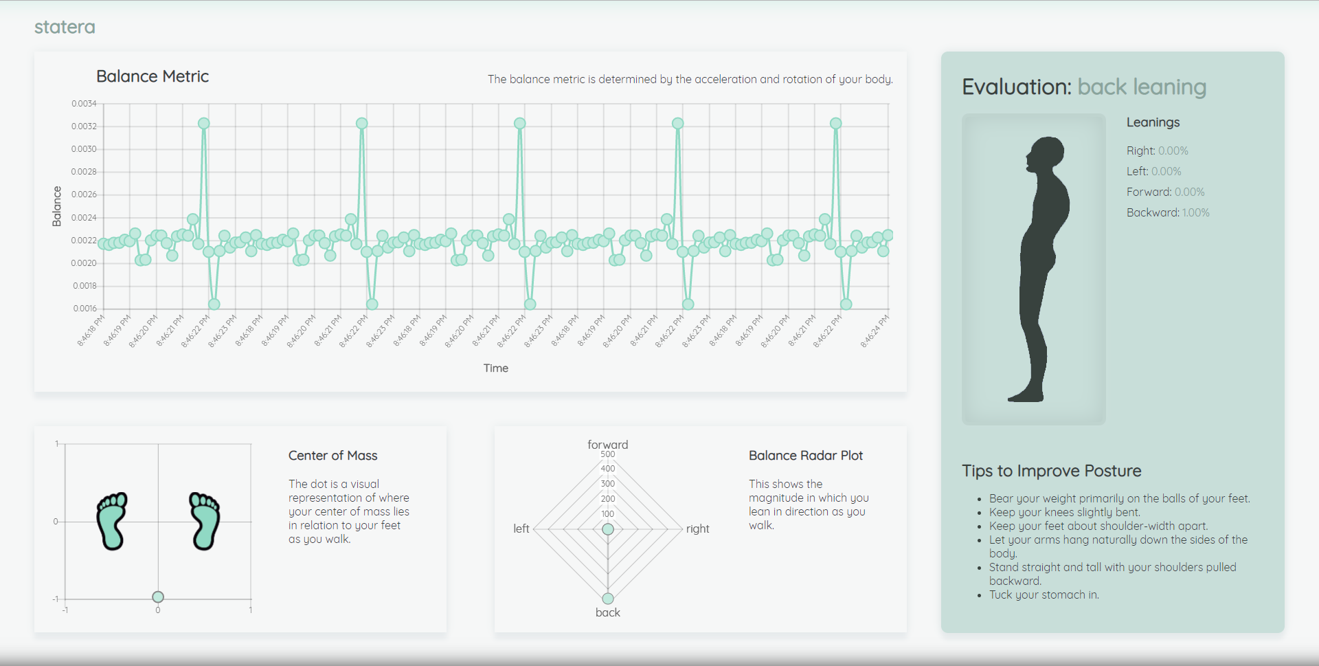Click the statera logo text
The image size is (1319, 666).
65,27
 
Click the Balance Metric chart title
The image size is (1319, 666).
152,76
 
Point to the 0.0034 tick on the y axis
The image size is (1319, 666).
84,104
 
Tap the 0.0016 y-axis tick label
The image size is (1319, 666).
84,309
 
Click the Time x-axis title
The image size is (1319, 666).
495,368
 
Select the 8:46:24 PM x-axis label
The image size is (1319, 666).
875,331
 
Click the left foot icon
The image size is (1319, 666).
112,520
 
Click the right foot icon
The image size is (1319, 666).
204,520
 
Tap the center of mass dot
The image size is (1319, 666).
158,597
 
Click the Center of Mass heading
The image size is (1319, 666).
332,456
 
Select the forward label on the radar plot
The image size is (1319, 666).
607,445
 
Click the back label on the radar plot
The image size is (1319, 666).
607,612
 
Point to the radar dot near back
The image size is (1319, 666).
608,599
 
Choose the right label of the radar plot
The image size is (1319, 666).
697,529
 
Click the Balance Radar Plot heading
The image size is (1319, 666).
805,456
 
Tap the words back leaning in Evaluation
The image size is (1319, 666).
1141,87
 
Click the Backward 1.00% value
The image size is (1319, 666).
1195,213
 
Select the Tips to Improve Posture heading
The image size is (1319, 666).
1051,471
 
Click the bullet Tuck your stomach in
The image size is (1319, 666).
1044,595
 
